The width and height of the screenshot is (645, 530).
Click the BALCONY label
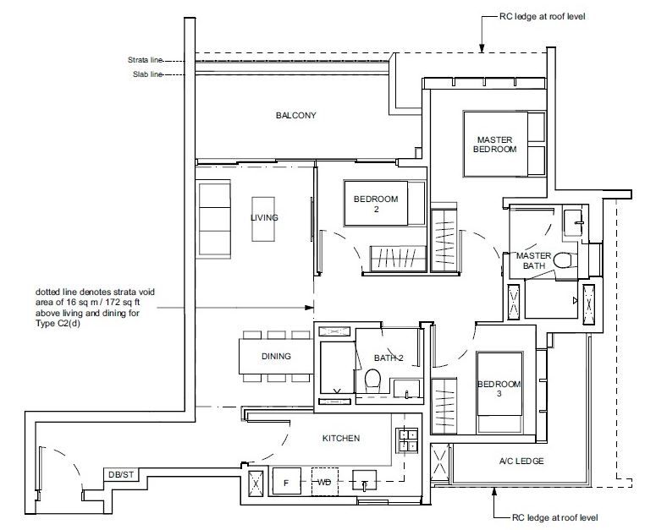[295, 115]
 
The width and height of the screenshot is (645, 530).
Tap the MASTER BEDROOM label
[495, 144]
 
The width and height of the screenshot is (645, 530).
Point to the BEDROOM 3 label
[499, 390]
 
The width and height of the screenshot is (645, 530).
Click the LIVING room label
[264, 217]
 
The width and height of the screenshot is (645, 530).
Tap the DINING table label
[276, 357]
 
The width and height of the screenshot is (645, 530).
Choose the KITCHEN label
[341, 439]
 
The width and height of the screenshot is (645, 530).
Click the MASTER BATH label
[534, 261]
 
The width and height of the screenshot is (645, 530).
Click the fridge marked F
[285, 482]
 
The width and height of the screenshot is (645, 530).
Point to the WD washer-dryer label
[323, 482]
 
